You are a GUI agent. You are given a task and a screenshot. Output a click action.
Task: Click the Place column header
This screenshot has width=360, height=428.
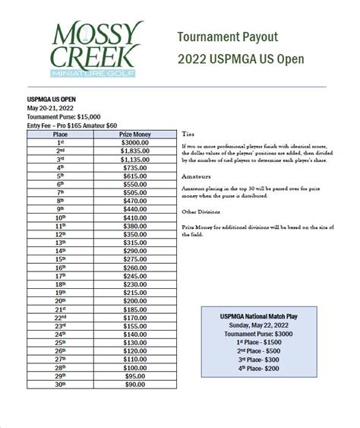coord(60,134)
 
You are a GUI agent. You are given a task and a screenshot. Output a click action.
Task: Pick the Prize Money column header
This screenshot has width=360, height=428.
coord(135,134)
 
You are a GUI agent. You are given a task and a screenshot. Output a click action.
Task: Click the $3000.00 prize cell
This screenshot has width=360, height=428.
coord(135,142)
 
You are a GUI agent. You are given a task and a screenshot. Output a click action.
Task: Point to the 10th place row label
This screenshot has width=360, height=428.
coord(60,217)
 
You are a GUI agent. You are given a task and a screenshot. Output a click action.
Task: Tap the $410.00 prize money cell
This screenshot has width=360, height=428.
coord(135,217)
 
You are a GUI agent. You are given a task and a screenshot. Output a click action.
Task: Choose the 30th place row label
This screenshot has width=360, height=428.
coord(60,385)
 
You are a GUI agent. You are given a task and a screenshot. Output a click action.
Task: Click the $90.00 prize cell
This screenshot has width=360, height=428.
coord(135,385)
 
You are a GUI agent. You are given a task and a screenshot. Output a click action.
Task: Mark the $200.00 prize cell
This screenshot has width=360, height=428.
coord(135,301)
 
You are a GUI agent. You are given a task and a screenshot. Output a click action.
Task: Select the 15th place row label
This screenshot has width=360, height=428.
coord(60,259)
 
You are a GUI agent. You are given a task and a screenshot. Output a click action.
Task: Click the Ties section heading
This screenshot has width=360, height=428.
coord(188,131)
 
